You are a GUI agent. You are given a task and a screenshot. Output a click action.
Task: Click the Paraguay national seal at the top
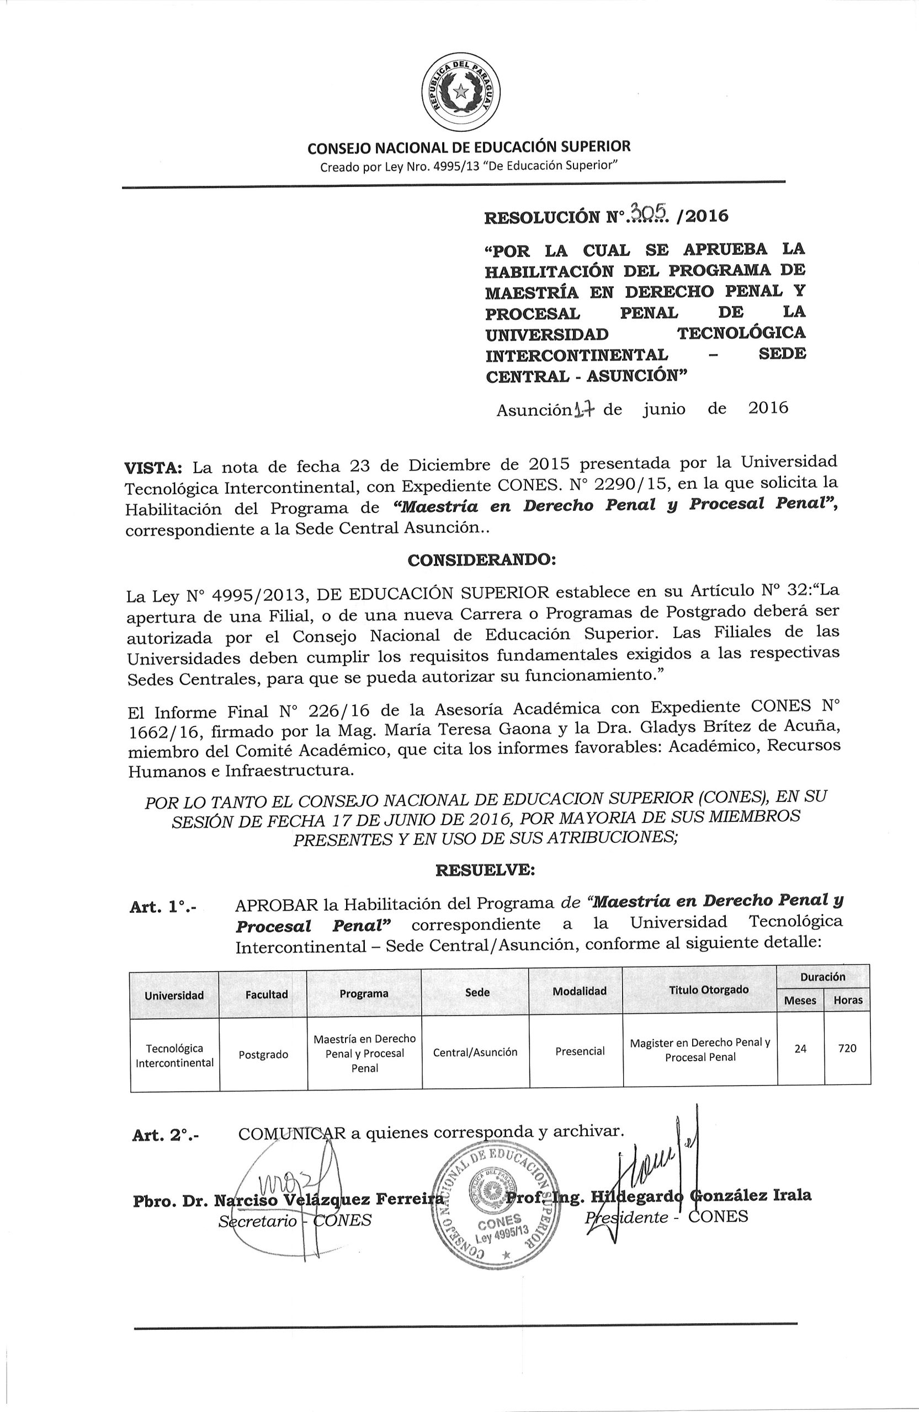coord(460,93)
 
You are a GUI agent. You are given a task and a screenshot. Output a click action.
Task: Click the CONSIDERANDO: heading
coord(480,560)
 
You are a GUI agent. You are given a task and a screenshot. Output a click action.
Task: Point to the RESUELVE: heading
coord(485,870)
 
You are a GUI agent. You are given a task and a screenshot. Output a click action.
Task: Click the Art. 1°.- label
coord(164,907)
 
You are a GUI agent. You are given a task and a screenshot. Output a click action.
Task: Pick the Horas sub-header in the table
coord(848,1001)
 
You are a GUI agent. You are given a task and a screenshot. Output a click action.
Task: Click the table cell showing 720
coord(847,1049)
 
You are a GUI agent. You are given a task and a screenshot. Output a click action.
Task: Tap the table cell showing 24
coord(800,1049)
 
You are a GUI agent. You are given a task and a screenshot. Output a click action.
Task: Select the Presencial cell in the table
coord(580,1051)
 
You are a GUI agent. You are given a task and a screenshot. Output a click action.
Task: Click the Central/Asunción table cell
coord(475,1052)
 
